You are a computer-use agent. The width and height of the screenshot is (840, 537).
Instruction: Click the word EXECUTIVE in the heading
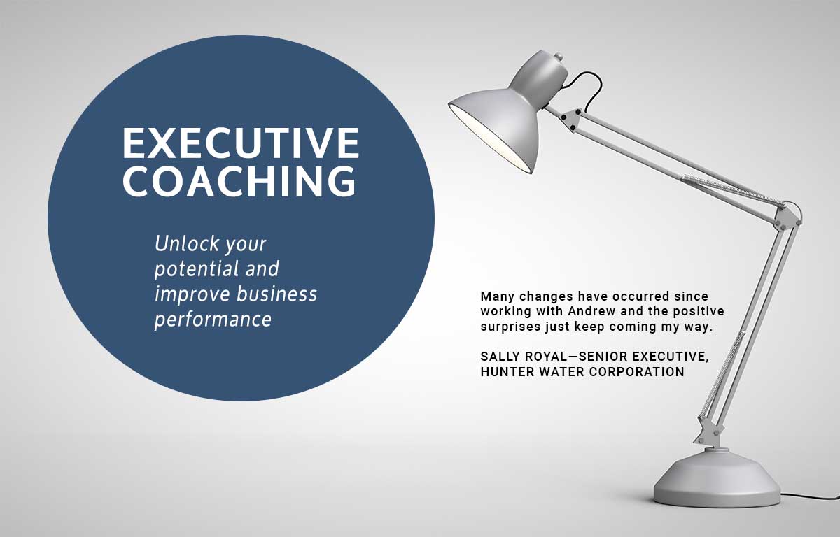(x=241, y=143)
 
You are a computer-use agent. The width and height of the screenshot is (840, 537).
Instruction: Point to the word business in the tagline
(x=277, y=294)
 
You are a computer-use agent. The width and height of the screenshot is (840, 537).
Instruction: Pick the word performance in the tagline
(x=213, y=320)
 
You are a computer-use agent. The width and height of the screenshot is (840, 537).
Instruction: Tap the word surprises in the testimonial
(x=510, y=327)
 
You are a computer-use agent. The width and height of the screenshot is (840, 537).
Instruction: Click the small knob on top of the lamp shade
(x=559, y=57)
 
